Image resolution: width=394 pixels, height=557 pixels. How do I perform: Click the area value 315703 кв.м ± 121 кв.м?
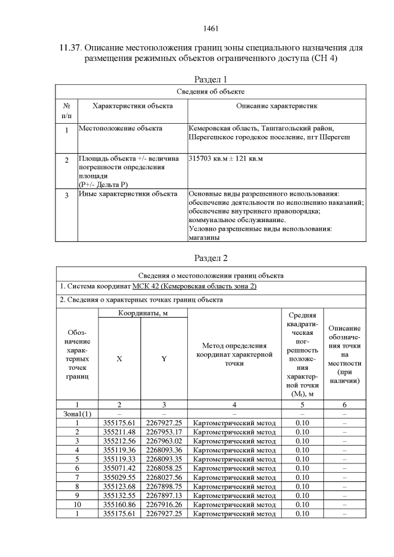pyautogui.click(x=226, y=159)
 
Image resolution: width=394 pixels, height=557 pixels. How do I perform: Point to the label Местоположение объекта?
pyautogui.click(x=121, y=128)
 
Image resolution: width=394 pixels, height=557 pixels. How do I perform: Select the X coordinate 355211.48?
pyautogui.click(x=119, y=431)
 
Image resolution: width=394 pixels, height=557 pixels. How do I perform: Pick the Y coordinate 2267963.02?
pyautogui.click(x=164, y=441)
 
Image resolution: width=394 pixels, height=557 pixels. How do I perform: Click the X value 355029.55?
pyautogui.click(x=119, y=477)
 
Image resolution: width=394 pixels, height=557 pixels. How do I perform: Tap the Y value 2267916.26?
pyautogui.click(x=164, y=504)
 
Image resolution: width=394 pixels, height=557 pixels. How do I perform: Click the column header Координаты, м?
pyautogui.click(x=142, y=313)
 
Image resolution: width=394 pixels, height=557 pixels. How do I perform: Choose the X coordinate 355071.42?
pyautogui.click(x=119, y=468)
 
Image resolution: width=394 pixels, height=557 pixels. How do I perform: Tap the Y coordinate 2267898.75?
pyautogui.click(x=164, y=486)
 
